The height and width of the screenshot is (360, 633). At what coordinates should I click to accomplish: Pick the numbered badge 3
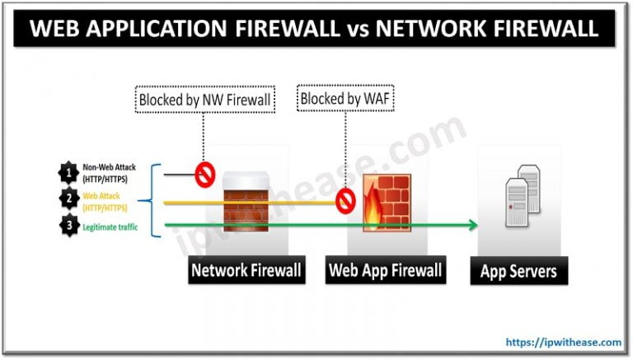(x=66, y=225)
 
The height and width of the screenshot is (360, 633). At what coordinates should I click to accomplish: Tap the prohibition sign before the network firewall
(x=203, y=174)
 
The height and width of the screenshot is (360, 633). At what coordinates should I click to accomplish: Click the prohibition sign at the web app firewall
(x=344, y=200)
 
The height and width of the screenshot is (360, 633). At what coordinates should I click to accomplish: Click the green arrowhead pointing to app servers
(x=473, y=225)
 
